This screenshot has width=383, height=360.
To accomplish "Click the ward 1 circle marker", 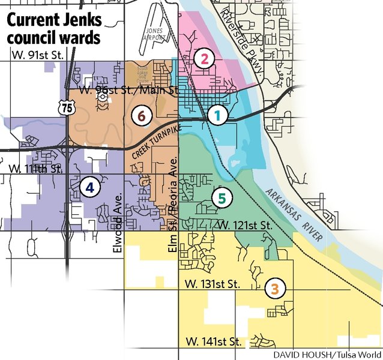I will (x=218, y=115).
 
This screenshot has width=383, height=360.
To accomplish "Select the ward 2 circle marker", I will (x=205, y=59).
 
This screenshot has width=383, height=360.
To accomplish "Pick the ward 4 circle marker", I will (x=89, y=188).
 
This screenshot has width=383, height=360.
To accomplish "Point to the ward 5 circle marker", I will (x=222, y=197).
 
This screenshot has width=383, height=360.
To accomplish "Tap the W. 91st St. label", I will (x=37, y=55).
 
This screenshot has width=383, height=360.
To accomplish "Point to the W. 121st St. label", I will (x=244, y=226).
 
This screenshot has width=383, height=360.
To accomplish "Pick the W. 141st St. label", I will (x=214, y=342).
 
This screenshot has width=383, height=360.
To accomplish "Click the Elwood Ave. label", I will (x=118, y=219).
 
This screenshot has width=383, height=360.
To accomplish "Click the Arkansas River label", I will (x=292, y=215).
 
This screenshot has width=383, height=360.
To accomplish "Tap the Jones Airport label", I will (x=154, y=34).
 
